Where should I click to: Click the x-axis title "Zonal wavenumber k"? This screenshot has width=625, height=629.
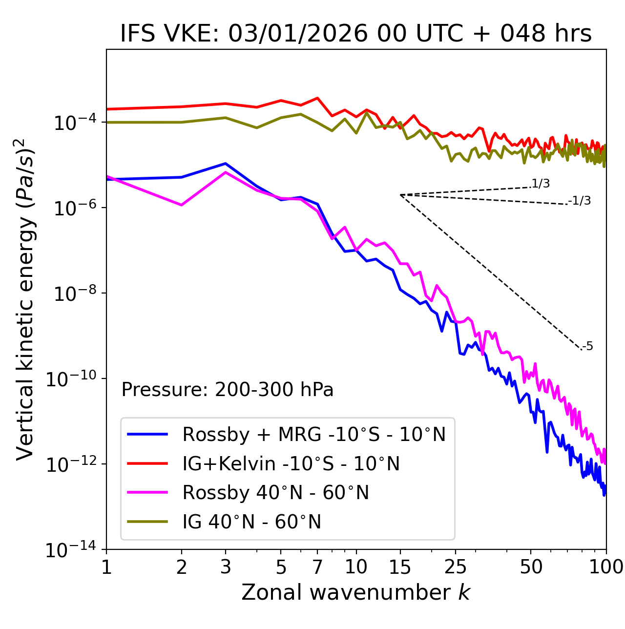[x=355, y=592]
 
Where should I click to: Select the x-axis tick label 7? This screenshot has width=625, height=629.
[x=317, y=567]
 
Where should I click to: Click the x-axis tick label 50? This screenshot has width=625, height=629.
[x=531, y=567]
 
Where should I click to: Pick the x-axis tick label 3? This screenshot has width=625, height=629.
[x=226, y=567]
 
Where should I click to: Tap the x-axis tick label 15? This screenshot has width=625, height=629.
[x=400, y=567]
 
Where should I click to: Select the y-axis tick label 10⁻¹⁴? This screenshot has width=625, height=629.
[x=72, y=550]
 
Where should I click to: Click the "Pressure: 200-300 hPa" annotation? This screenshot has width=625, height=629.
[x=227, y=390]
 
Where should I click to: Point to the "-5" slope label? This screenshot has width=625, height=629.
[x=587, y=346]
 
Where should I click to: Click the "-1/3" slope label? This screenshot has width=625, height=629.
[x=580, y=200]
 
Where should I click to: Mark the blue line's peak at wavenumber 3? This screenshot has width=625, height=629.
[x=226, y=164]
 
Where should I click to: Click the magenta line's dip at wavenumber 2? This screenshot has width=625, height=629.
[x=182, y=205]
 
